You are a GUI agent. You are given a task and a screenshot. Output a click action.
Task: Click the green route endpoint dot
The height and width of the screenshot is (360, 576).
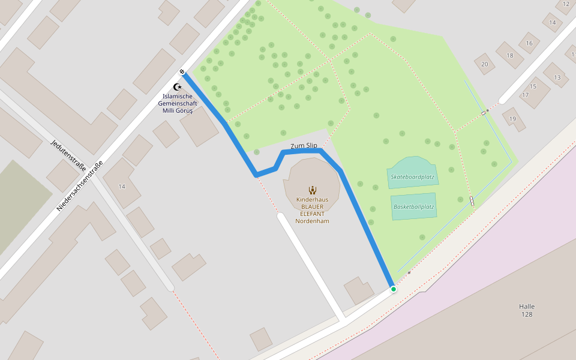pos(394,289)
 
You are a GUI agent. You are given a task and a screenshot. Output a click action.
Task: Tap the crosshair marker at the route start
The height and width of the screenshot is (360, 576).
pos(182,73)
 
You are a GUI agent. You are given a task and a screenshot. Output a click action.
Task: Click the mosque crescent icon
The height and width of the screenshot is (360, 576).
pos(177,87)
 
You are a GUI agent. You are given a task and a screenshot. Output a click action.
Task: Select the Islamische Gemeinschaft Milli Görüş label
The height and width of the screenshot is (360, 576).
pos(178,103)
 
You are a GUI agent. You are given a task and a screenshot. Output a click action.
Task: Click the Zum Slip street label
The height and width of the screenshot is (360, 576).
pos(304,146)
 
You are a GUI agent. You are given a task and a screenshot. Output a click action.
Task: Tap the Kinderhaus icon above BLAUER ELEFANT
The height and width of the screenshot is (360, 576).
pos(312,190)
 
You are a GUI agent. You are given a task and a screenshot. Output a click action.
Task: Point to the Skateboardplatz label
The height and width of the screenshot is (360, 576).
pos(412,177)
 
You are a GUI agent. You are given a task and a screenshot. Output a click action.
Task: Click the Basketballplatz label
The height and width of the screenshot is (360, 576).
pos(413,206)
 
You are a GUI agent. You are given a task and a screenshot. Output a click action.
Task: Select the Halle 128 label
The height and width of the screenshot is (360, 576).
pos(527,310)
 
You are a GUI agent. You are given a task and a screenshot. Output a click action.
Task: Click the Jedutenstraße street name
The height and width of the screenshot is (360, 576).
pos(68,155)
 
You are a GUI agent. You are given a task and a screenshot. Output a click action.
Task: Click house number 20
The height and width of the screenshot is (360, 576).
pos(484,64)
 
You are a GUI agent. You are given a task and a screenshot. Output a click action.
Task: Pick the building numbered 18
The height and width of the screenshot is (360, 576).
pos(510,56)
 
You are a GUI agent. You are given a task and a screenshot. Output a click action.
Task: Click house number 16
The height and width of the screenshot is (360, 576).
pos(529,43)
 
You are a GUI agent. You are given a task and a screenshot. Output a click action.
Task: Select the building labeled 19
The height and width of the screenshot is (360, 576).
pos(512,119)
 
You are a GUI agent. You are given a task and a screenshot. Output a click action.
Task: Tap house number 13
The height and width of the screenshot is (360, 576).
pos(557,77)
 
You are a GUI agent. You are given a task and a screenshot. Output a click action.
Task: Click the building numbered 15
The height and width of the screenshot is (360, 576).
pos(533,86)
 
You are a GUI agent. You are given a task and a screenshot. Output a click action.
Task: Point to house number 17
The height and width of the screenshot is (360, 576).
pos(526,95)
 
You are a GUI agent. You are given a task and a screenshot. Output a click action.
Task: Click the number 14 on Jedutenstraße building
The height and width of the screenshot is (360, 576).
pos(122,187)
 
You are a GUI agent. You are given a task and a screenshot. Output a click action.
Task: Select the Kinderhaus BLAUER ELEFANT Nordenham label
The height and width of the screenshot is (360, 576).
pos(312,210)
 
